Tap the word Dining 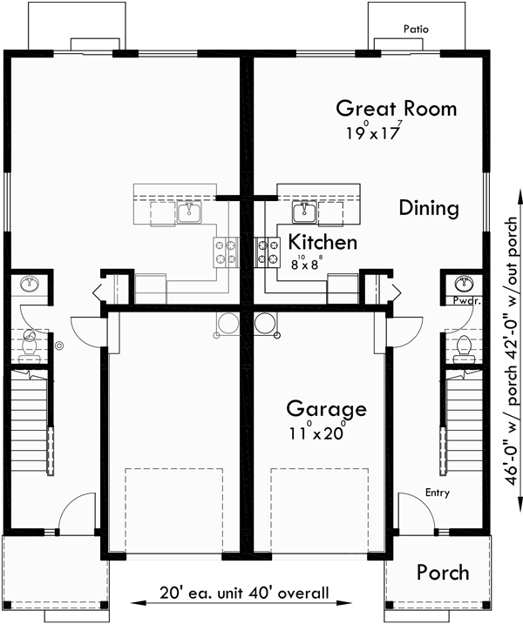[428, 208]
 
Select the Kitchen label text [323, 242]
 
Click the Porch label [442, 573]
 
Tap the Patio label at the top [416, 29]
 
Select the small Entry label [438, 493]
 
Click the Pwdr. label [466, 300]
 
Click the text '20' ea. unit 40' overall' [244, 594]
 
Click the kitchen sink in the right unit [303, 210]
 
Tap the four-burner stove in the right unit [263, 251]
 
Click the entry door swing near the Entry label [411, 509]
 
